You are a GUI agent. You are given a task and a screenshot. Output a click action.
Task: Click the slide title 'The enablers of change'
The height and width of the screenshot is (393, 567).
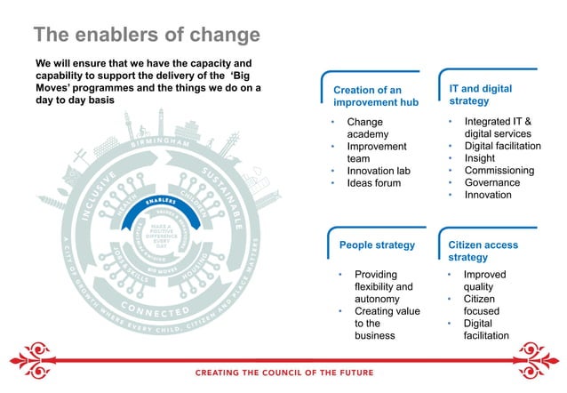pyautogui.click(x=147, y=35)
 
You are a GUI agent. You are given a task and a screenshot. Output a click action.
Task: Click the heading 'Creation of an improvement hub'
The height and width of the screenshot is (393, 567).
pyautogui.click(x=367, y=97)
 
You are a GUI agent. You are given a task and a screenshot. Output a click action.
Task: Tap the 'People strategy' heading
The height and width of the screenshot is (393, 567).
pyautogui.click(x=378, y=245)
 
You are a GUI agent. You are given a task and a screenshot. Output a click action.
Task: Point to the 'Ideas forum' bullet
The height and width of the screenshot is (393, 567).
pyautogui.click(x=375, y=183)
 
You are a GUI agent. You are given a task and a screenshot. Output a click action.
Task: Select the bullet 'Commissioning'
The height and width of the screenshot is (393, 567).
pyautogui.click(x=499, y=170)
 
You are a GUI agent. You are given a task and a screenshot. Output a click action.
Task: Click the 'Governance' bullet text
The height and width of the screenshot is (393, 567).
pyautogui.click(x=492, y=182)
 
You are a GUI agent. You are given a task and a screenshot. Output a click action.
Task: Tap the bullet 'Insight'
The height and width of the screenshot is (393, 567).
pyautogui.click(x=481, y=157)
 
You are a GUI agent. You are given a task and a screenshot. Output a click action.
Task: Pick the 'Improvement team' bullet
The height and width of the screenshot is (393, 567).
pyautogui.click(x=377, y=152)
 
